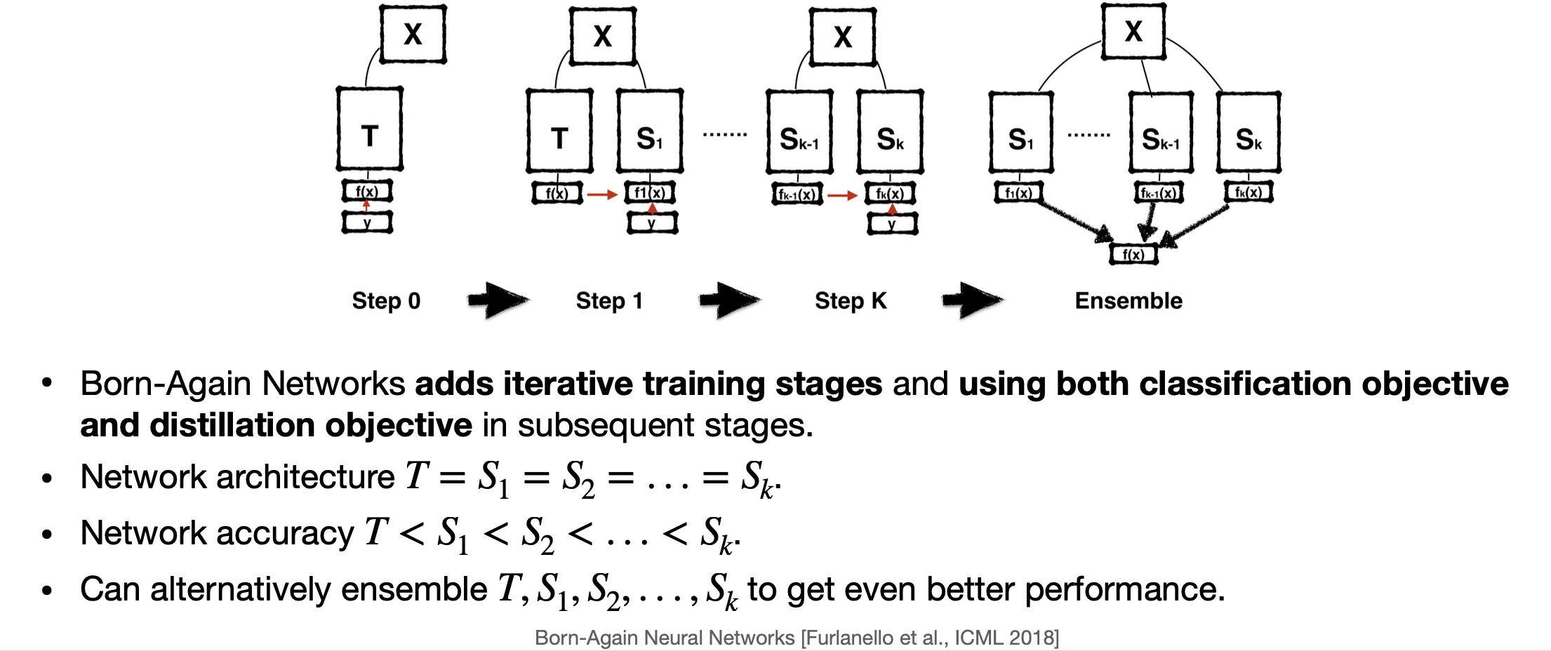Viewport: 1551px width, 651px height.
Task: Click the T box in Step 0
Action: [x=369, y=130]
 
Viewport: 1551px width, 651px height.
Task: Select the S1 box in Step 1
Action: [x=649, y=131]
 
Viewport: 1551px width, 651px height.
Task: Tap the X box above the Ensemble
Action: [x=1133, y=32]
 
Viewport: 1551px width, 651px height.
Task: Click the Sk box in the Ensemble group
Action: [x=1249, y=133]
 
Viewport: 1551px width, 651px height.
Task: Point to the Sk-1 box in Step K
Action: [x=799, y=133]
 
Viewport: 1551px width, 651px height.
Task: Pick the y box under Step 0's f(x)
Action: [x=367, y=222]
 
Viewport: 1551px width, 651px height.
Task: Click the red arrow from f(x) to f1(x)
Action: [x=601, y=194]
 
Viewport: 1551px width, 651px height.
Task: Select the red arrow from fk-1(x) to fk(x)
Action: [x=842, y=195]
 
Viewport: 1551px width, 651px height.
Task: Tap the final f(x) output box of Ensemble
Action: [x=1133, y=254]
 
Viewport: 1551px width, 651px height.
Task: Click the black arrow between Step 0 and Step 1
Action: [x=498, y=301]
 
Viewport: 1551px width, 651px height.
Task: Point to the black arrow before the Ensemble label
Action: [x=972, y=301]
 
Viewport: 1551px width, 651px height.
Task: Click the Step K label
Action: [x=851, y=301]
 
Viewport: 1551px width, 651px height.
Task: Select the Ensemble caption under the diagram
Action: [x=1129, y=301]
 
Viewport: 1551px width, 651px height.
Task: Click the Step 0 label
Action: [x=386, y=301]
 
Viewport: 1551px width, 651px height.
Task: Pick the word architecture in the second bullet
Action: [x=306, y=477]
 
